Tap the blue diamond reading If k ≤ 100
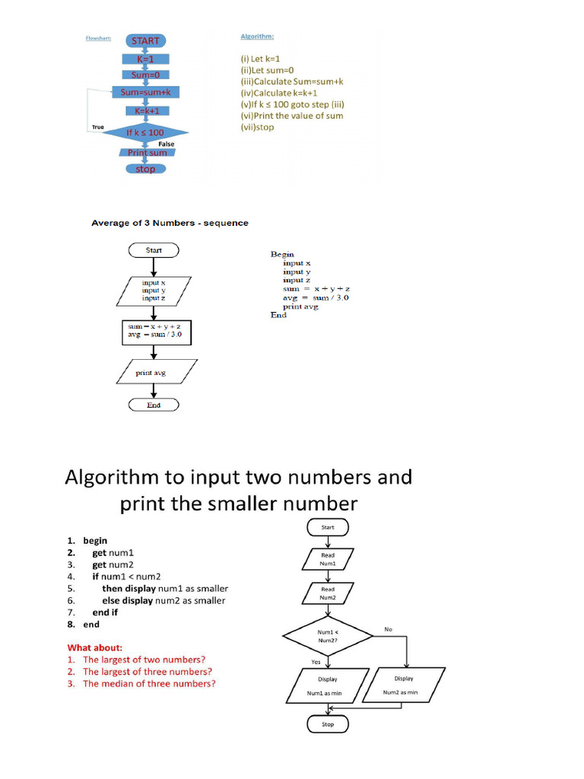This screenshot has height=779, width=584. (144, 132)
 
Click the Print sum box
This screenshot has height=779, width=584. (147, 152)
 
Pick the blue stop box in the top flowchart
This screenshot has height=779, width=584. (144, 169)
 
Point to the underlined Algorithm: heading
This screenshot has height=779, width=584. (257, 36)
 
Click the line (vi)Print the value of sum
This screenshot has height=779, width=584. (292, 116)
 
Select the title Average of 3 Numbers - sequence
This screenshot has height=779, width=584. (170, 223)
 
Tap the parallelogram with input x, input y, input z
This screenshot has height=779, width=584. (154, 290)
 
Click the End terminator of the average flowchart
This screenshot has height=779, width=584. (154, 405)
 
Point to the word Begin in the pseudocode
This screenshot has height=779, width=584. (282, 254)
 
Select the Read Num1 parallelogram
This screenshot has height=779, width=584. (328, 559)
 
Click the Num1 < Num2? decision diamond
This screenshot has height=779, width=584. (328, 635)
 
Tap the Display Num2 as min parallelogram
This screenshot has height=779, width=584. (404, 685)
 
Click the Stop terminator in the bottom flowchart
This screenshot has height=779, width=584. (328, 724)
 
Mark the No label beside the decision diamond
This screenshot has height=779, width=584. (388, 629)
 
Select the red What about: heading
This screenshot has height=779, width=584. (95, 648)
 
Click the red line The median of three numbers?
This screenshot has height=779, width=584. (149, 683)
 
